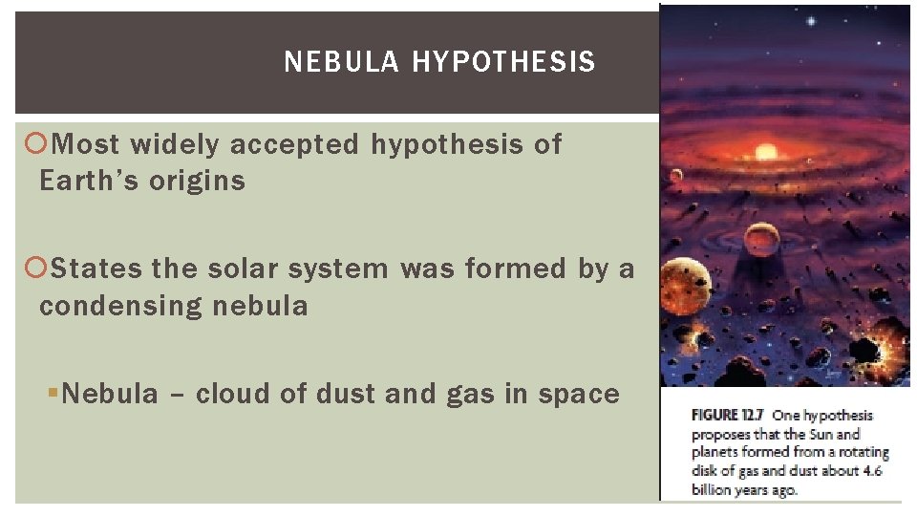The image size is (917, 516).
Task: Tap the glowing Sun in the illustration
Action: point(766,151)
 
